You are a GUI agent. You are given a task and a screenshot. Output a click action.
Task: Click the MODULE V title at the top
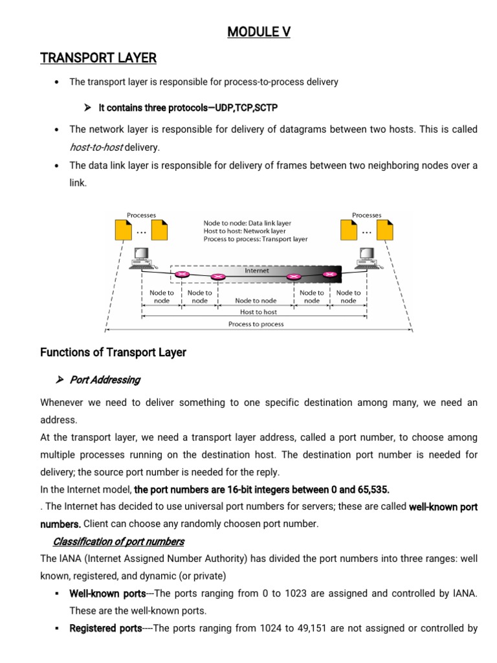pos(259,32)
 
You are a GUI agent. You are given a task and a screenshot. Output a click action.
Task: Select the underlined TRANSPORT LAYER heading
pos(98,58)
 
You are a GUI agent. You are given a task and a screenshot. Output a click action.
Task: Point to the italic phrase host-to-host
pos(96,147)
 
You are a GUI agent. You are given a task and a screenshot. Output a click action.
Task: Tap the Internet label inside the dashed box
pos(256,271)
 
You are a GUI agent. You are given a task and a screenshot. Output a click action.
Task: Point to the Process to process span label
pos(256,324)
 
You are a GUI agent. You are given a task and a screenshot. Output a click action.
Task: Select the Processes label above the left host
pos(140,215)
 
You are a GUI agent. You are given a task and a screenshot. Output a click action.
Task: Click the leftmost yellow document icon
pos(123,230)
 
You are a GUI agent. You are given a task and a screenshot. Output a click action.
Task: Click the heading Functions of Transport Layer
pos(113,353)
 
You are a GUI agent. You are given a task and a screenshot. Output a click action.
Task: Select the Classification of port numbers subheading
pos(118,541)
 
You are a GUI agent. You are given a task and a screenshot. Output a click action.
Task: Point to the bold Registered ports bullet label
pos(105,628)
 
